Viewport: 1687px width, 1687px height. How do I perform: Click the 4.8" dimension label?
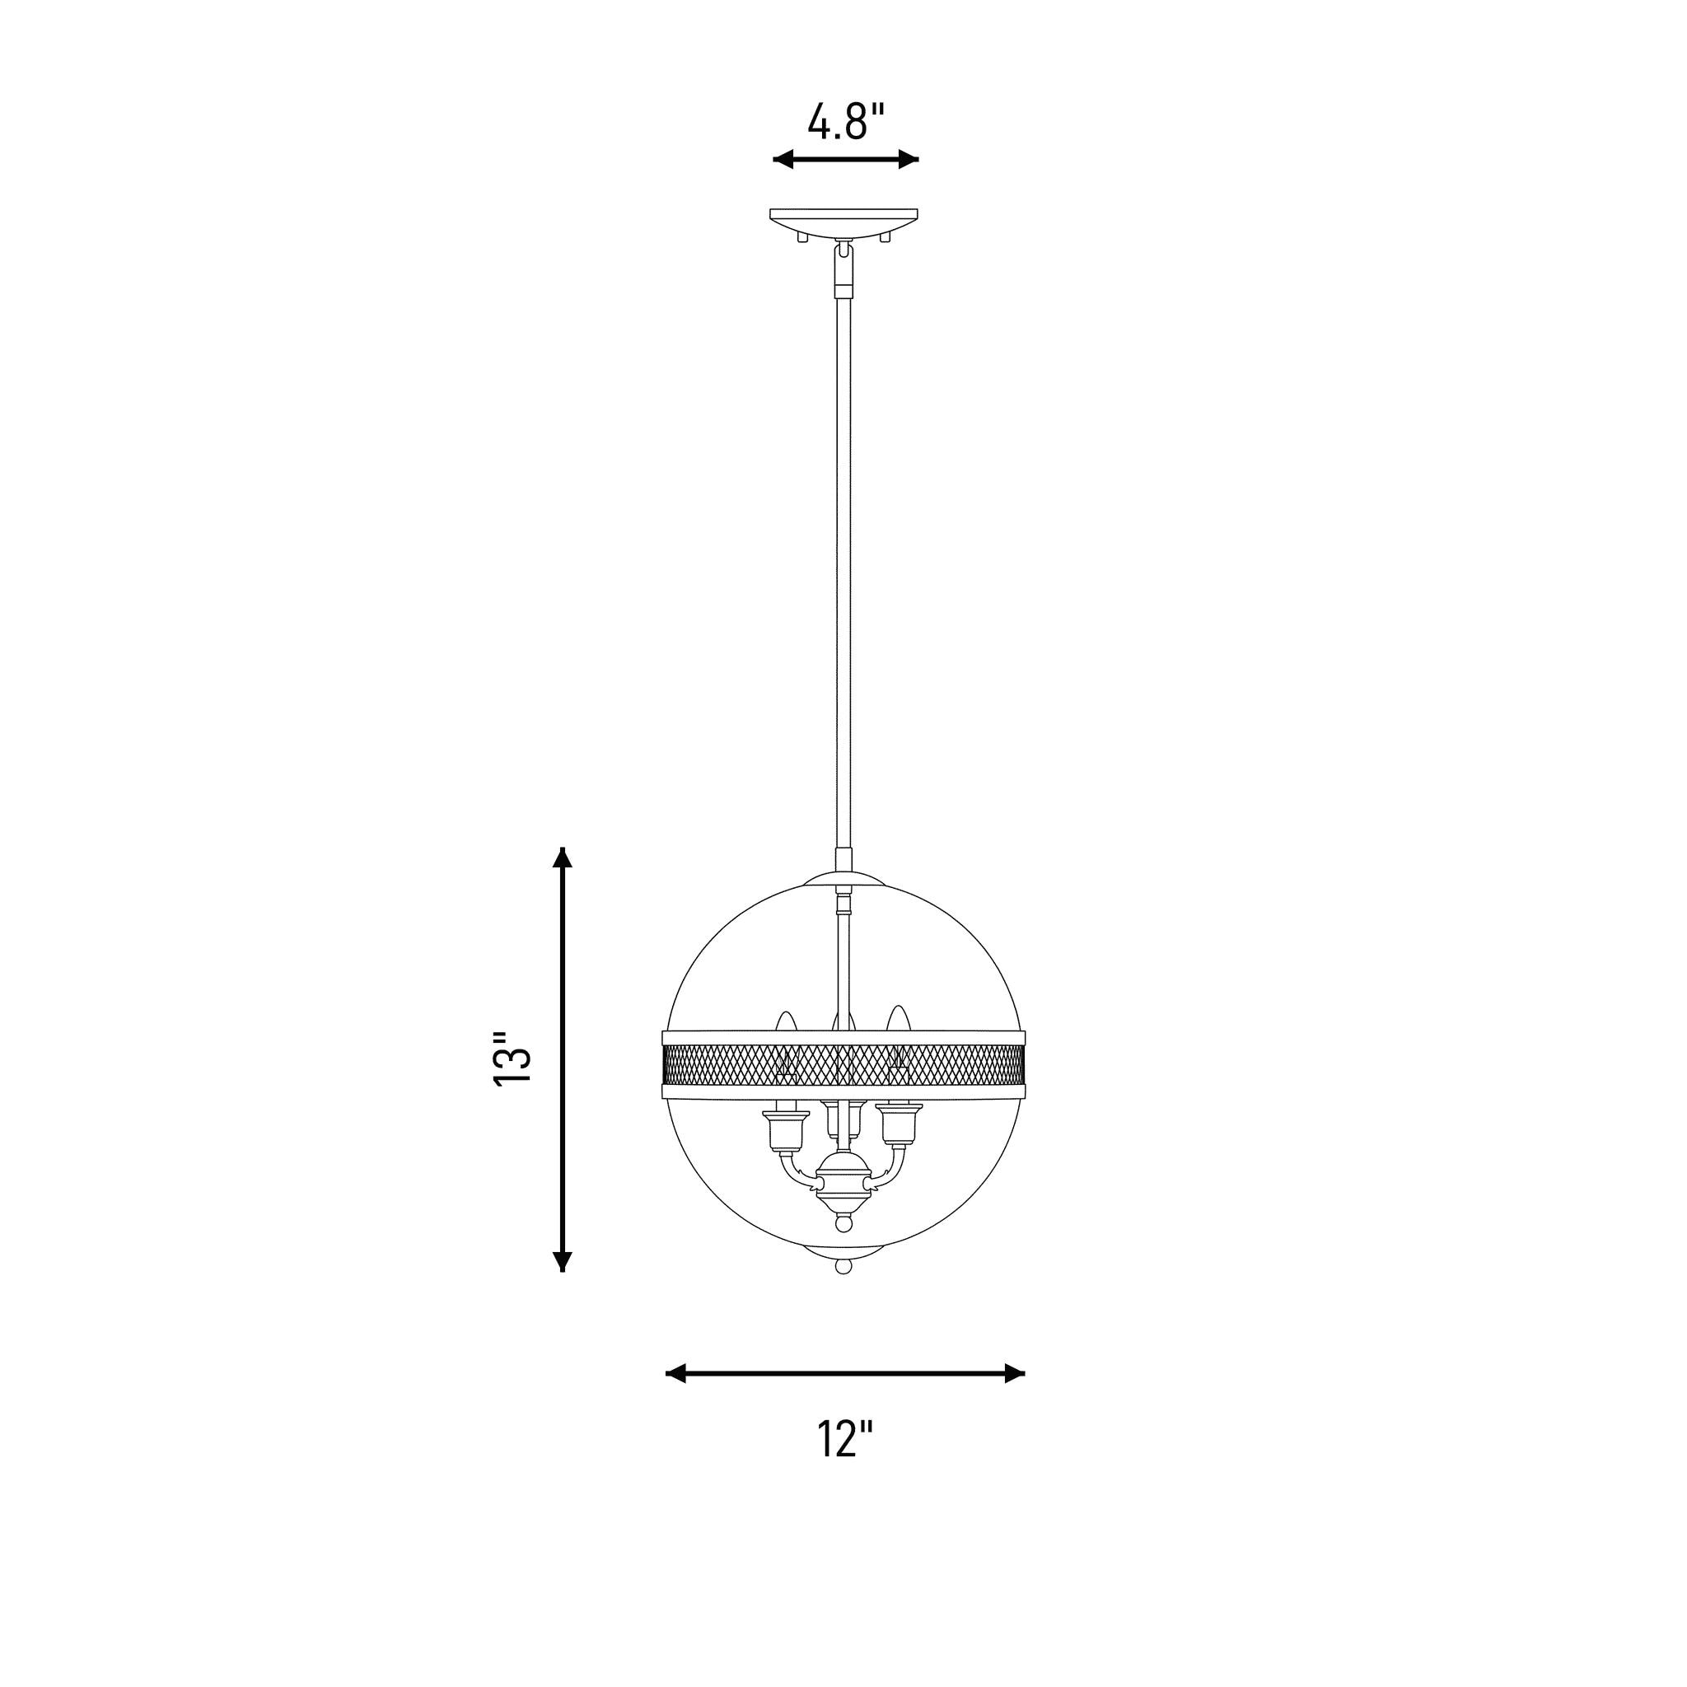click(845, 121)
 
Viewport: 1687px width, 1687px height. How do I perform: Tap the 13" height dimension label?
click(512, 1059)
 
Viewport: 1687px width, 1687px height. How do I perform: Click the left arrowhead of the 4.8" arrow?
click(783, 159)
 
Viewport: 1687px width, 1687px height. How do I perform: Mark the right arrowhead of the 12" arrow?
click(1014, 1373)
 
